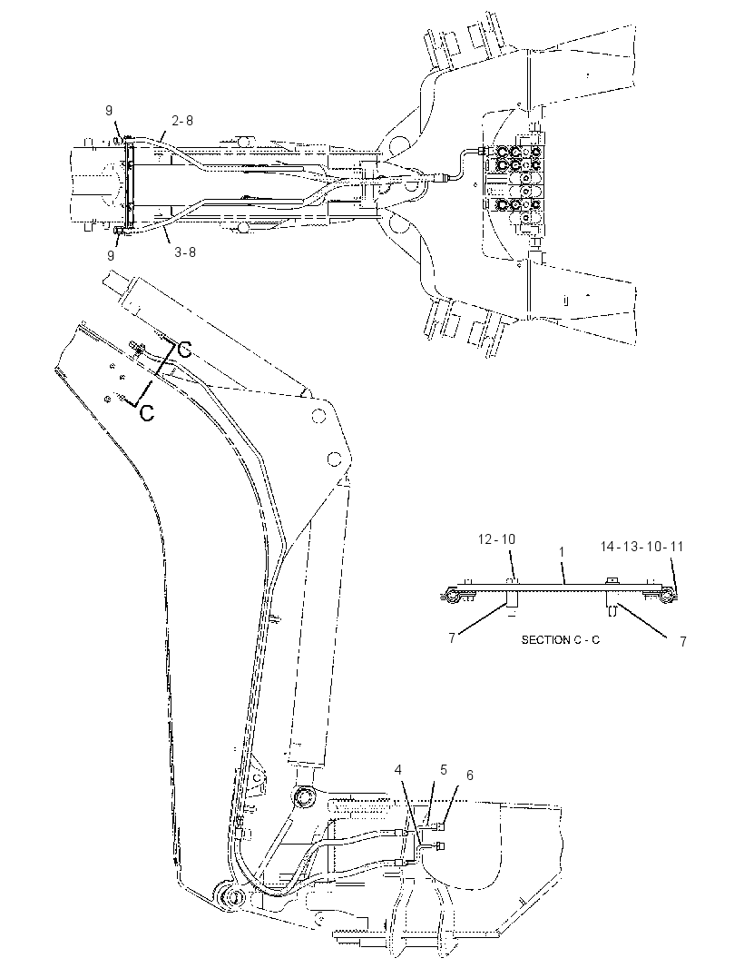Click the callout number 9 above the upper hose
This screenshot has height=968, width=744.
tap(109, 111)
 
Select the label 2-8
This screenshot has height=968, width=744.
tap(182, 121)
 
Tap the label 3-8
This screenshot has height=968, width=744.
tap(184, 252)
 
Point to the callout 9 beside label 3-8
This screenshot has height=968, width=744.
tap(111, 255)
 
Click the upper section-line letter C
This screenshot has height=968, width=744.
tap(184, 350)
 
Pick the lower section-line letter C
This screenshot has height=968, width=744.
tap(147, 413)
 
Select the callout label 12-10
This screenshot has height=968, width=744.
tap(496, 539)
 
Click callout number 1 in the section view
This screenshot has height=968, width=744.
tap(562, 551)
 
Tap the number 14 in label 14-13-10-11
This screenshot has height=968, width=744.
tap(608, 547)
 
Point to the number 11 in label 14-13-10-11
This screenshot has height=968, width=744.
tap(677, 547)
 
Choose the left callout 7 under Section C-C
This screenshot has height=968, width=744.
tap(452, 637)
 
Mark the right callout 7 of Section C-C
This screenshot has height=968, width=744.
tap(683, 641)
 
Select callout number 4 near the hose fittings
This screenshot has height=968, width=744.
tap(398, 770)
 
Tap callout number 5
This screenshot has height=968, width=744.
tap(444, 770)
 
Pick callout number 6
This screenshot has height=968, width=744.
tap(469, 775)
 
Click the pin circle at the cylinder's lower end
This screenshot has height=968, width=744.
tap(304, 796)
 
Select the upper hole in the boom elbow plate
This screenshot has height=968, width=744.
tap(318, 417)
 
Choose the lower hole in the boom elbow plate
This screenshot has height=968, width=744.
tap(335, 459)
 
